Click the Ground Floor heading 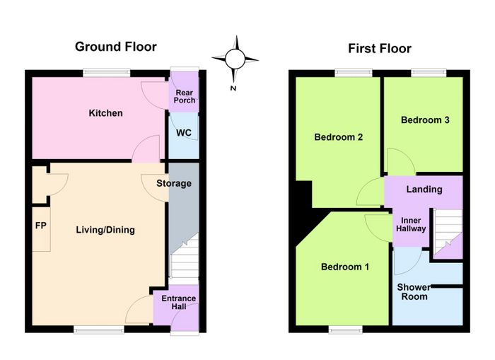[116, 47]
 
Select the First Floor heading [380, 49]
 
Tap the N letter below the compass [233, 88]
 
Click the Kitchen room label [106, 113]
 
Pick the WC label [184, 133]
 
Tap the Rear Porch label [185, 96]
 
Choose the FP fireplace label [41, 226]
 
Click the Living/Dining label [105, 230]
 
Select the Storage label [174, 183]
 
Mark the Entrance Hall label [179, 302]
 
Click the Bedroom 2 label [339, 137]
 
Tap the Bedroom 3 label [425, 120]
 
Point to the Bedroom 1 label [345, 267]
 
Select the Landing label [424, 189]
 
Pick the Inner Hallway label [411, 224]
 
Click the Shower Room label [414, 292]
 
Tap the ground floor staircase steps [185, 257]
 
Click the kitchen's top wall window [107, 74]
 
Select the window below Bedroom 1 [346, 330]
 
